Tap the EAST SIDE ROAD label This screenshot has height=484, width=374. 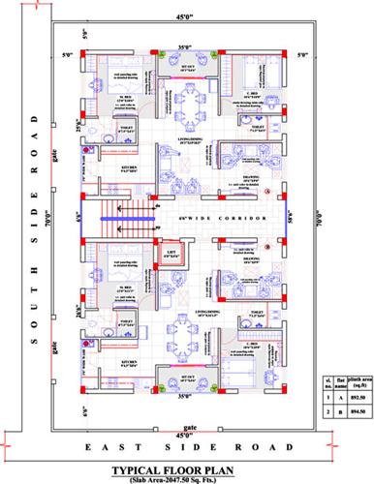click(186, 448)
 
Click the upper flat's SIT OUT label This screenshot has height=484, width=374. click(190, 66)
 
